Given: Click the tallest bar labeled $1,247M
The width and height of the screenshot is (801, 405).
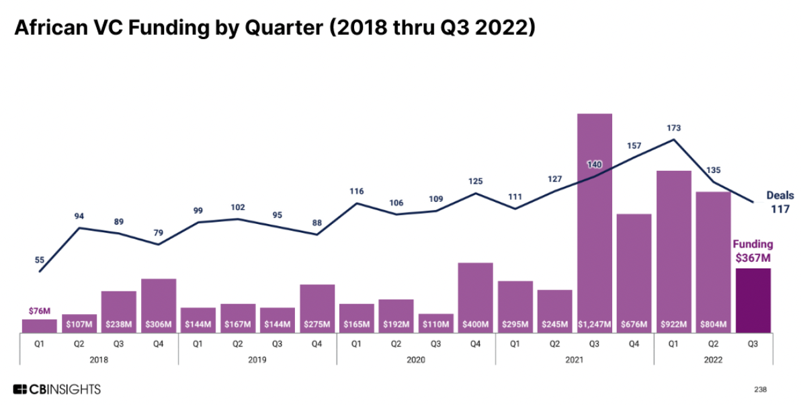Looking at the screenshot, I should [595, 222].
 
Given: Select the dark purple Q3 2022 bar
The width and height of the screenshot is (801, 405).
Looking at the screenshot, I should [753, 300].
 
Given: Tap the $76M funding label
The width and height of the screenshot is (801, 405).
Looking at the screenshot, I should [39, 311].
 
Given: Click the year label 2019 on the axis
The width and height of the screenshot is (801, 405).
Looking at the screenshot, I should [257, 360].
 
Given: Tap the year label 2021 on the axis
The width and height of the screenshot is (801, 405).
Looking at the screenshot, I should [575, 360].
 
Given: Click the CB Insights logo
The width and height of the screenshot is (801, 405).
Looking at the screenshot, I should [56, 390].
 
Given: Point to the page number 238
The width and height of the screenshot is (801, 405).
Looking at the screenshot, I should [760, 390].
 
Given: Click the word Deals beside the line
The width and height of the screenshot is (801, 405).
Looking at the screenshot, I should [779, 195].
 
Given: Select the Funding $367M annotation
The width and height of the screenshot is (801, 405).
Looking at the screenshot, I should [753, 250].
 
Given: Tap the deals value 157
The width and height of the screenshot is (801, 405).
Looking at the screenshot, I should [634, 146].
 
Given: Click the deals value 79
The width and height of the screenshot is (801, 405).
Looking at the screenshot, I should [158, 232].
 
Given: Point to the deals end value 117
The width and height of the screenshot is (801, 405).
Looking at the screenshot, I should [779, 209].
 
